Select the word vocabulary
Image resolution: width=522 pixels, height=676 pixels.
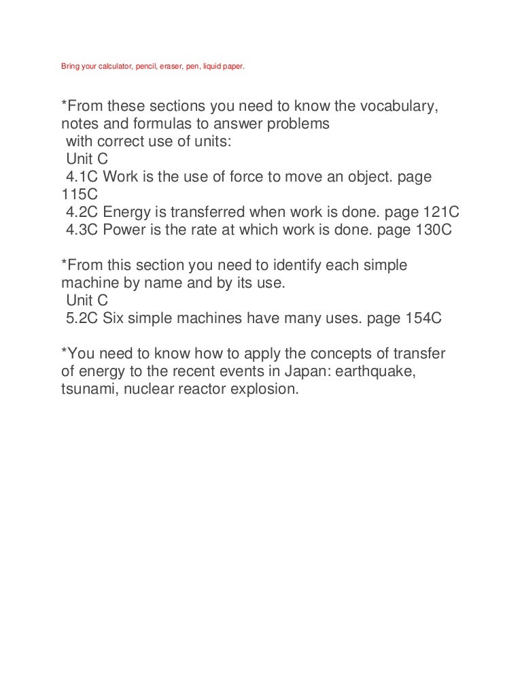click(394, 107)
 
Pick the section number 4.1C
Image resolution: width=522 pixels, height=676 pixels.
click(82, 178)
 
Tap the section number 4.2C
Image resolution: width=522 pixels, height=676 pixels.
click(82, 213)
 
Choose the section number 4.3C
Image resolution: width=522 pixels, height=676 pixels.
click(82, 231)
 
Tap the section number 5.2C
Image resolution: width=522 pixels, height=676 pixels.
click(82, 319)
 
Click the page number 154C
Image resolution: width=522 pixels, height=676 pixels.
click(419, 319)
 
